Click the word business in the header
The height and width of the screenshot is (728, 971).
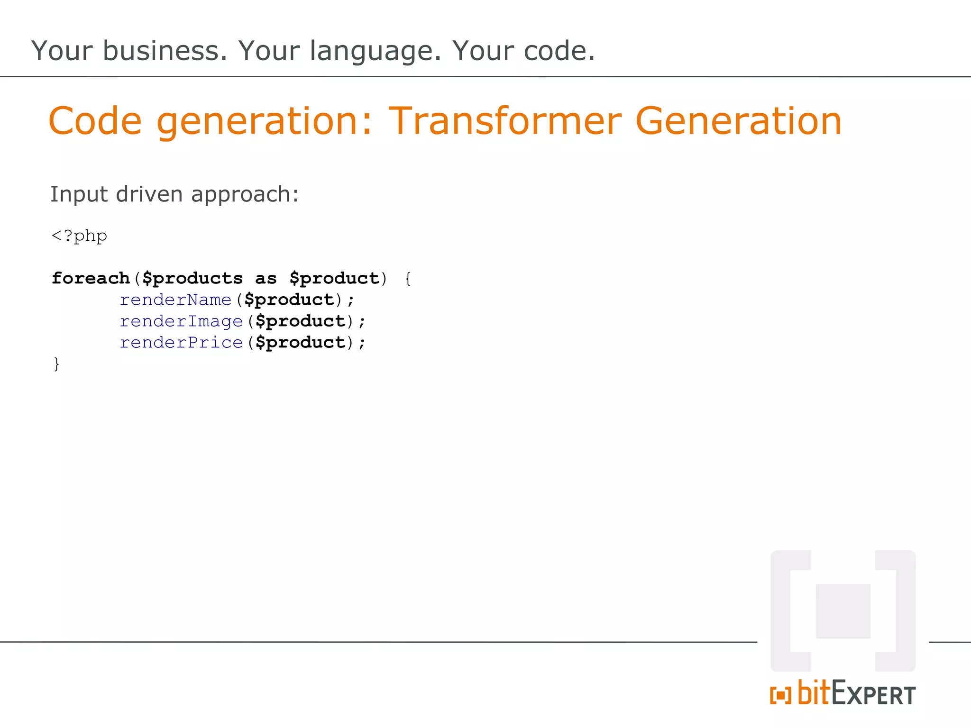[165, 51]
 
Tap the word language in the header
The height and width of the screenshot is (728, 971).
[375, 51]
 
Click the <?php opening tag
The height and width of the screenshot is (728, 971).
[79, 236]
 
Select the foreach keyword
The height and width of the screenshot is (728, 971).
[91, 278]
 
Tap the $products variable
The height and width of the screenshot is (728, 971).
[192, 279]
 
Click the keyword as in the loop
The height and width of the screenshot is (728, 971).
[266, 279]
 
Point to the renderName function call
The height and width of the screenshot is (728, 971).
[175, 300]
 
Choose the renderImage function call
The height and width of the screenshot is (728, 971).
[181, 321]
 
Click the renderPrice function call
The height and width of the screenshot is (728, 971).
[181, 342]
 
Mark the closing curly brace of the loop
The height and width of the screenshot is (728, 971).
[56, 364]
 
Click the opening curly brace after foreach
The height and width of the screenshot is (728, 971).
[408, 278]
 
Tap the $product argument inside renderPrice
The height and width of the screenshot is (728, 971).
[300, 343]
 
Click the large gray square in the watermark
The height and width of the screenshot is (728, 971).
[843, 611]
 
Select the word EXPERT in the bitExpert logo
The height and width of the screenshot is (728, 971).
[873, 694]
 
